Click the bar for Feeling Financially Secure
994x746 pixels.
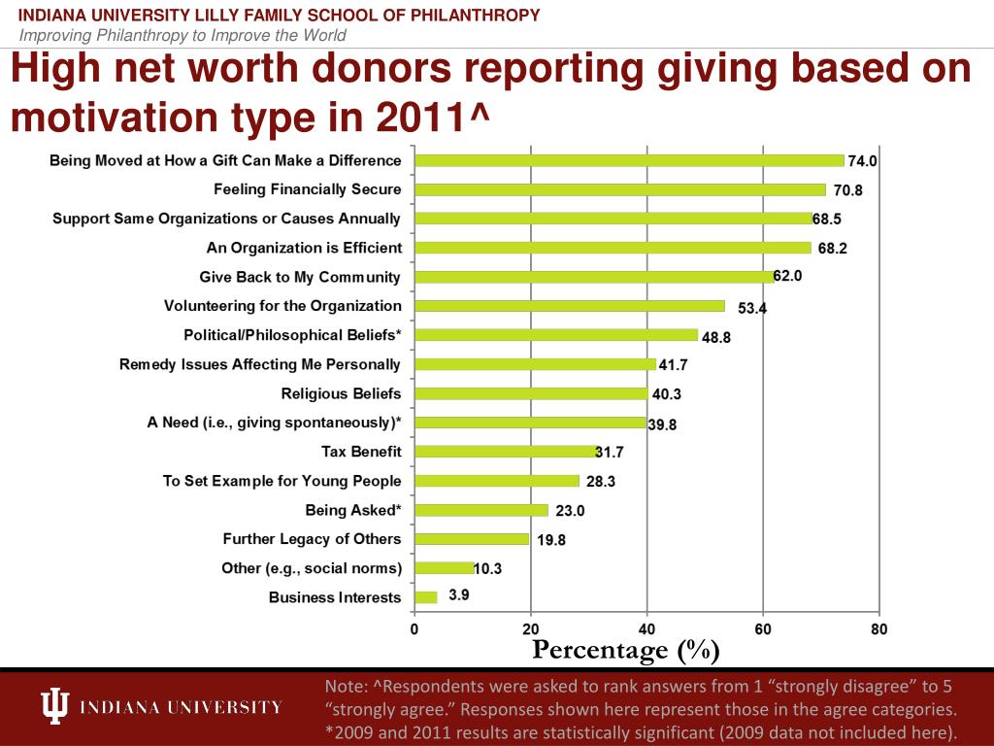point(619,189)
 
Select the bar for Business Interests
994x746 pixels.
point(426,597)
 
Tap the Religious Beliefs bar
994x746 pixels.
point(530,393)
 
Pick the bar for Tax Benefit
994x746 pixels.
point(505,452)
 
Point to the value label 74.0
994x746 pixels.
point(863,161)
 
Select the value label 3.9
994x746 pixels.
point(459,595)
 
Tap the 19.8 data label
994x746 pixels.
point(551,540)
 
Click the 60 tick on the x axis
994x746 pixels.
point(763,628)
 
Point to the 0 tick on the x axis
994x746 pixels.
point(414,628)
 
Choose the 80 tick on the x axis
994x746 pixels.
point(878,628)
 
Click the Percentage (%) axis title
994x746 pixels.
point(626,649)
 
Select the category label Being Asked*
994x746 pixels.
point(352,510)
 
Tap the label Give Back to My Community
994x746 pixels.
point(299,277)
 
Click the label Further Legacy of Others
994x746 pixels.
point(312,539)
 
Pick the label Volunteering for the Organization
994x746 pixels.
point(282,306)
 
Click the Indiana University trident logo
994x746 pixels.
point(56,706)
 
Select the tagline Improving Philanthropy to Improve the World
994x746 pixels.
point(183,36)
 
